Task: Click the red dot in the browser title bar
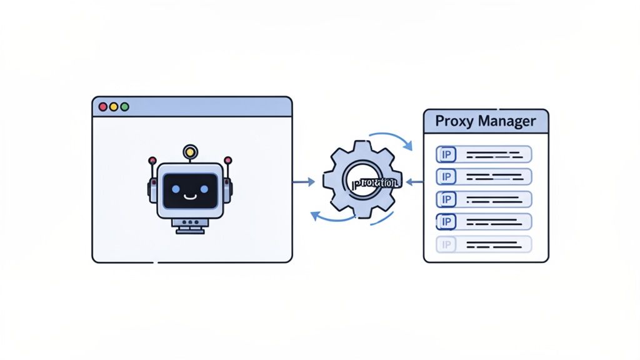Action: click(102, 107)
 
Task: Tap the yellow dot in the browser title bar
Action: click(114, 107)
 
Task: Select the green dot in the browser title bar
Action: click(124, 107)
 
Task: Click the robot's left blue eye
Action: click(175, 188)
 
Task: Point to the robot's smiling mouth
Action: click(190, 196)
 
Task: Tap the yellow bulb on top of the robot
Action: click(190, 151)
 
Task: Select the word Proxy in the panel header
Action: click(454, 121)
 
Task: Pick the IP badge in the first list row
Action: click(446, 154)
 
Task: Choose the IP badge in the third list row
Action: click(446, 199)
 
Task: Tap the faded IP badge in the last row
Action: click(446, 244)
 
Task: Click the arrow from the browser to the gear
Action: click(304, 182)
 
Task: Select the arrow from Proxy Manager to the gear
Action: click(414, 182)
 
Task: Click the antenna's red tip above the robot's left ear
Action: click(152, 161)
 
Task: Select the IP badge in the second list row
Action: click(446, 177)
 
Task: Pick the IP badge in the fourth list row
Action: click(446, 221)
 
